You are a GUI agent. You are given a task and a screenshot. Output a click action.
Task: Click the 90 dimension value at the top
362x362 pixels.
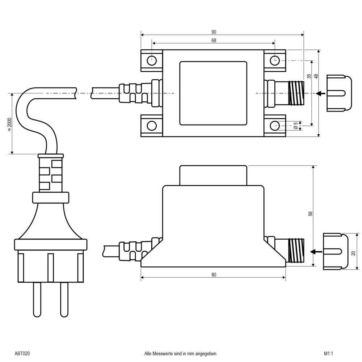(214, 32)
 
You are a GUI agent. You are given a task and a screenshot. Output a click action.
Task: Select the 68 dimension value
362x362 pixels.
(214, 41)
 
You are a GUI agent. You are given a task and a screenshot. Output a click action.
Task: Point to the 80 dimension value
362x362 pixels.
(214, 275)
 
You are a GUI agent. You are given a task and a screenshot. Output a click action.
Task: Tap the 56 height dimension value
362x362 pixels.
(310, 214)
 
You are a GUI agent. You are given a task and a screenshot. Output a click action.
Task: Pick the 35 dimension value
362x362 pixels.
(309, 76)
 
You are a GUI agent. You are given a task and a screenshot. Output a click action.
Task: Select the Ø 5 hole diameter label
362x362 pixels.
(296, 125)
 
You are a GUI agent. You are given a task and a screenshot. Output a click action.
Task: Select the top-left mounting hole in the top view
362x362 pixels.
(152, 60)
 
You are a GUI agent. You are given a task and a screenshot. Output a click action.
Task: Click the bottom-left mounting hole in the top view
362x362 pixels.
(152, 126)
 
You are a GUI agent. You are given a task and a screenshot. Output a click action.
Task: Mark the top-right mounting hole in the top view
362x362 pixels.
(275, 60)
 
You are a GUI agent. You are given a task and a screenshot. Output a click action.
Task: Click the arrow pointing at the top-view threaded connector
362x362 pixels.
(320, 93)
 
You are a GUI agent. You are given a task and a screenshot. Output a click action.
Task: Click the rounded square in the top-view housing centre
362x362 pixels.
(214, 93)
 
